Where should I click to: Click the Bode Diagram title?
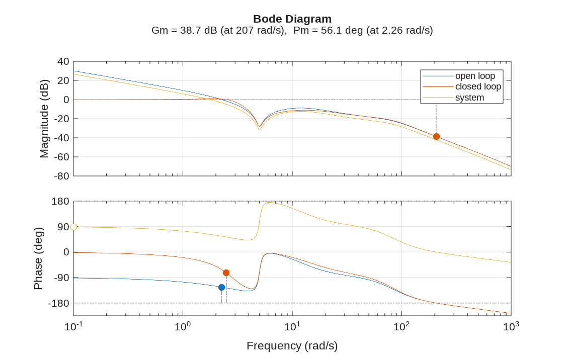click(x=292, y=19)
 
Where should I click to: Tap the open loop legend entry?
click(x=474, y=76)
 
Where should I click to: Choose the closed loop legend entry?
click(x=477, y=86)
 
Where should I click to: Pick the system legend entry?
click(x=469, y=98)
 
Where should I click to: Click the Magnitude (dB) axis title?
click(x=44, y=119)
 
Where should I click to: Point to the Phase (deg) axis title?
click(x=38, y=258)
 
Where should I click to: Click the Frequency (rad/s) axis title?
click(x=292, y=346)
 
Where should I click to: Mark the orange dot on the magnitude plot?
click(x=436, y=137)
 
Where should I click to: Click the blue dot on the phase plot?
click(x=221, y=287)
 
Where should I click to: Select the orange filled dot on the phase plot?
click(x=226, y=273)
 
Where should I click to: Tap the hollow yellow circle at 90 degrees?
click(x=74, y=227)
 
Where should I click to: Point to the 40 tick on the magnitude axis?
click(x=63, y=61)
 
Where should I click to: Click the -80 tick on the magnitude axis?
click(x=62, y=176)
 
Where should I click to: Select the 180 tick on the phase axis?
click(x=60, y=201)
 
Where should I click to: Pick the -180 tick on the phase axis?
click(x=58, y=303)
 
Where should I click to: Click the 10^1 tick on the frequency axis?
click(x=292, y=327)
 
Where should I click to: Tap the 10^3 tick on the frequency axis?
click(x=511, y=327)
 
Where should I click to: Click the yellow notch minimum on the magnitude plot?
click(x=260, y=129)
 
